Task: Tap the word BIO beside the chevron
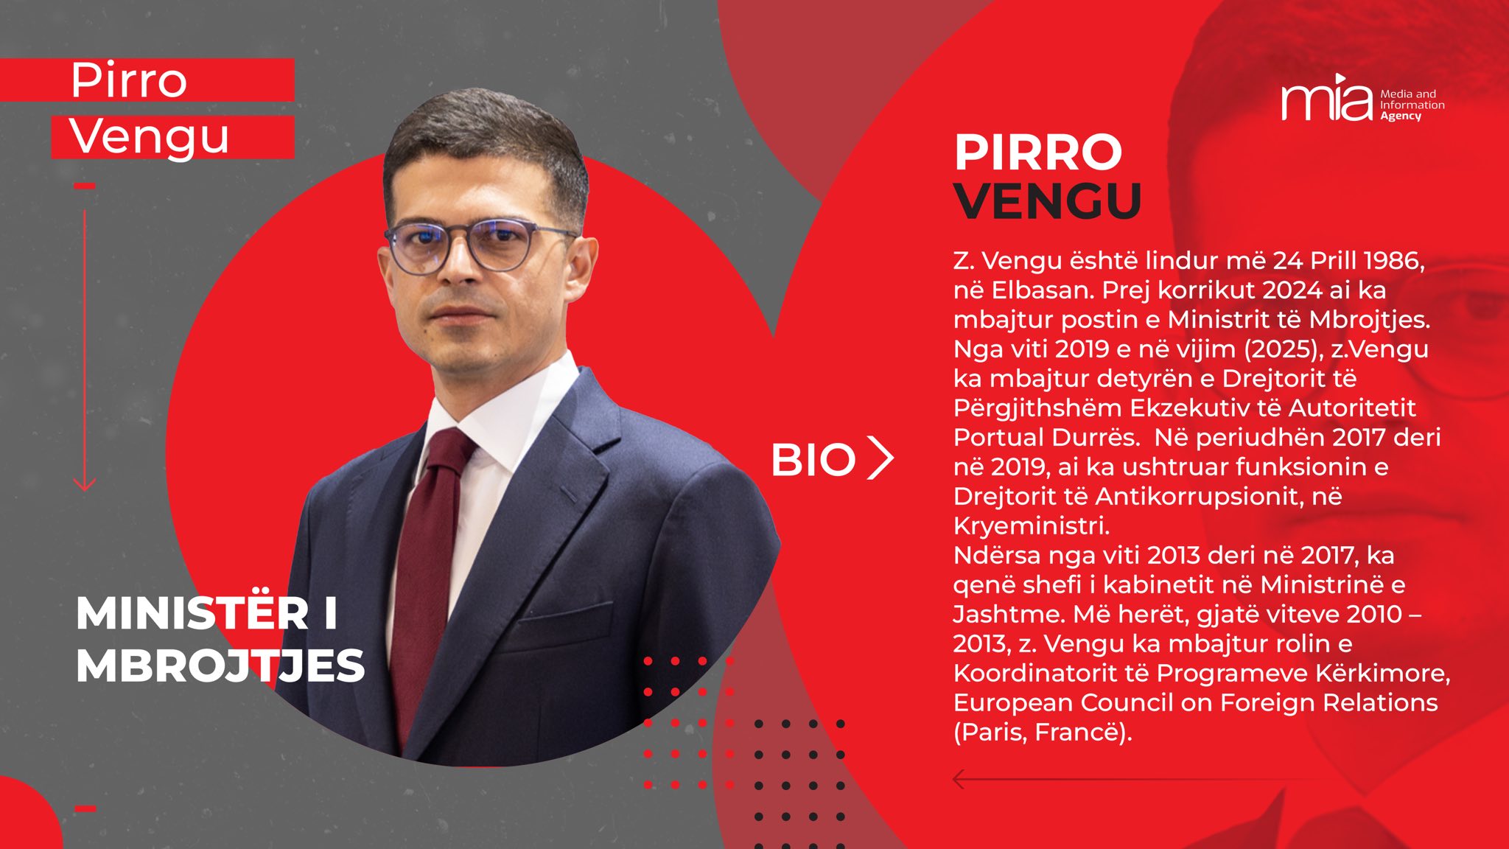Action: tap(813, 460)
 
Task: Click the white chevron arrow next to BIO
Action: tap(880, 458)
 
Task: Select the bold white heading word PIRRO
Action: tap(1037, 153)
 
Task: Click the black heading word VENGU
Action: tap(1047, 200)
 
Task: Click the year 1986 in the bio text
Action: tap(1394, 260)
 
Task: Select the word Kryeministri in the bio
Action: tap(1031, 526)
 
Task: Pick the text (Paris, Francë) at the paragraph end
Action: tap(1042, 733)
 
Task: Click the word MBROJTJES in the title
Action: tap(220, 666)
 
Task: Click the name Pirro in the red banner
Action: tap(129, 80)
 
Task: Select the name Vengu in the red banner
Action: tap(150, 138)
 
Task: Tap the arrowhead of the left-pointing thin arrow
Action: tap(959, 779)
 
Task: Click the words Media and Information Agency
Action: tap(1412, 105)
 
